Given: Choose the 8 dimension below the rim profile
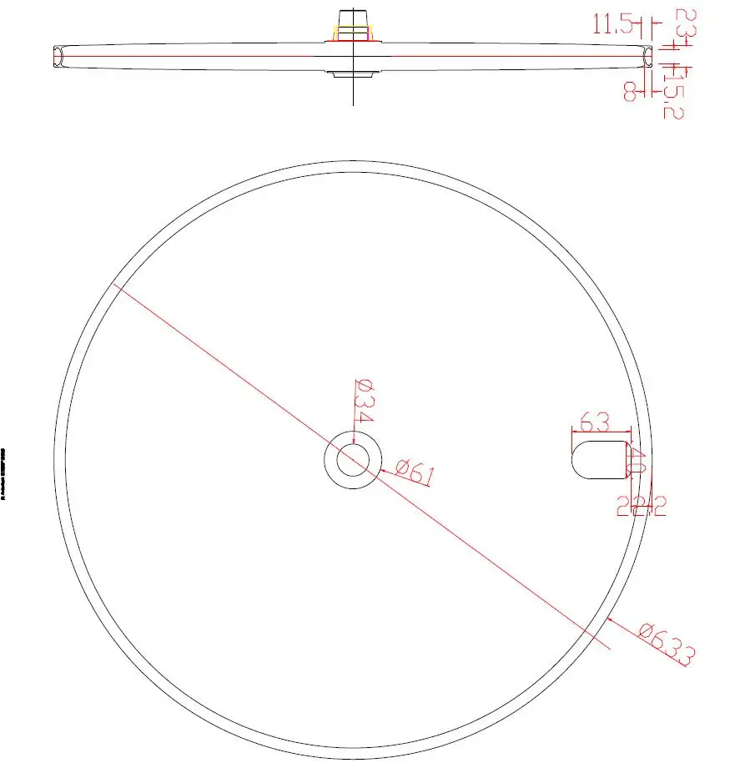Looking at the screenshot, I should (x=631, y=90).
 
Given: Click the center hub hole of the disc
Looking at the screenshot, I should (x=354, y=460).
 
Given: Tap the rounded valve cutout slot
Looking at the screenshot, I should (x=598, y=458).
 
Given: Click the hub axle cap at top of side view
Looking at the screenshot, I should (x=354, y=18).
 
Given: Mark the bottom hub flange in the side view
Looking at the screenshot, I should (x=353, y=74).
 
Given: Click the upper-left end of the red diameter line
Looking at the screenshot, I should (x=115, y=286).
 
